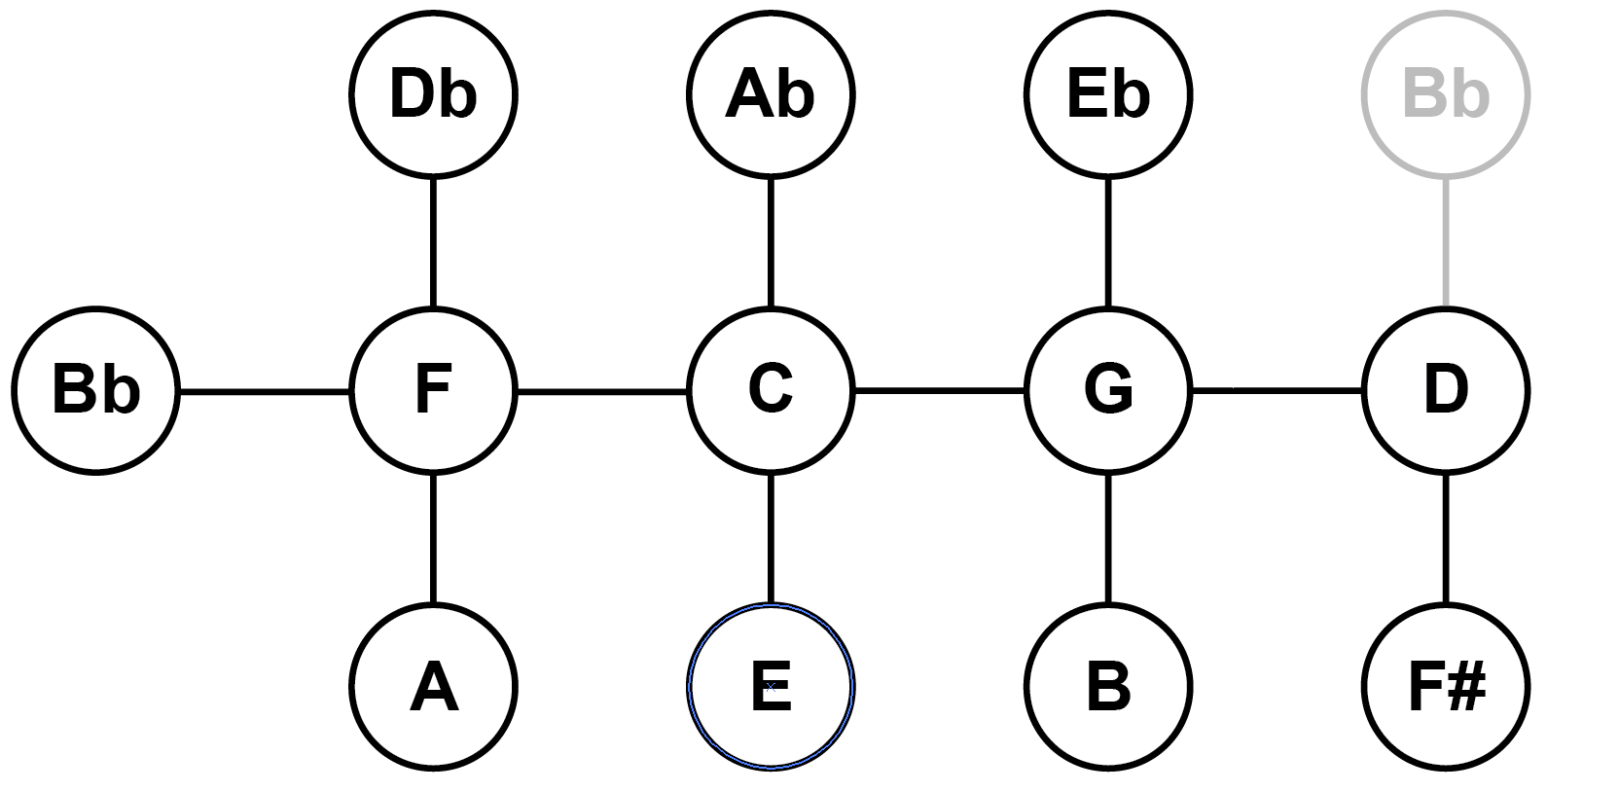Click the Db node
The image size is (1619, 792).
433,94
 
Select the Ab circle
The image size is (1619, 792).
770,94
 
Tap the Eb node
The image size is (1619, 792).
1107,94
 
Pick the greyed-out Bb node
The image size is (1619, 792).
1445,94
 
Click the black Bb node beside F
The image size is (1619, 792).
95,391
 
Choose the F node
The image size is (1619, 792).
433,391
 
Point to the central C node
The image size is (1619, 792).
770,391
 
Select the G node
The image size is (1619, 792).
1107,391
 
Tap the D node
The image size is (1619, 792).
1445,391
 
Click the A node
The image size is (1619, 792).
433,687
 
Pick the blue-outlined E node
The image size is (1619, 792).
770,687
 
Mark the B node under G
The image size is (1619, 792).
1107,687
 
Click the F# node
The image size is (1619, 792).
1445,687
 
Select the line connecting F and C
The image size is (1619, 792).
601,392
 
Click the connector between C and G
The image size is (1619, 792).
939,392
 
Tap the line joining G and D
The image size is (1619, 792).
1277,392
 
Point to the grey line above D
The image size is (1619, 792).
1445,242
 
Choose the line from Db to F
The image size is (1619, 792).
433,242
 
